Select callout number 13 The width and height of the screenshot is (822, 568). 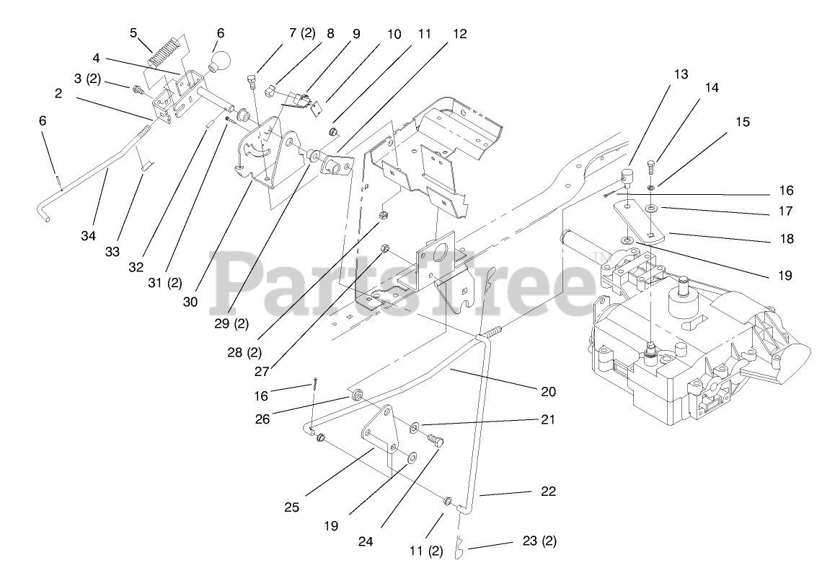tap(681, 74)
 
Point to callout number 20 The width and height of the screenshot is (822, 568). tap(548, 392)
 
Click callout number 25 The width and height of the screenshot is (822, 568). tap(291, 507)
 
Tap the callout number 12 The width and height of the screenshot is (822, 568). tap(460, 34)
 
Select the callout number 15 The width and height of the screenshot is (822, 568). tap(743, 122)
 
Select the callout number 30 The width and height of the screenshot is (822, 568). tap(190, 302)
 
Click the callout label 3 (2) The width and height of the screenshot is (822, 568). tap(88, 79)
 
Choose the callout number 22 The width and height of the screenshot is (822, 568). tap(548, 491)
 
